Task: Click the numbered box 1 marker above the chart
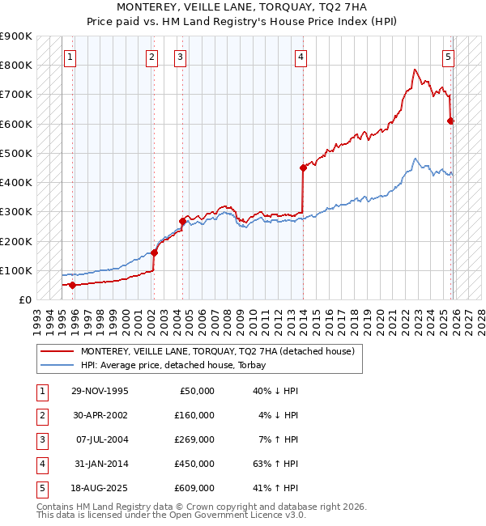[71, 57]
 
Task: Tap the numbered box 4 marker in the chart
[301, 57]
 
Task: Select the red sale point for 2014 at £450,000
[303, 168]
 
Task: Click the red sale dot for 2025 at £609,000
[451, 121]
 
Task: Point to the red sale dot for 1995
[73, 285]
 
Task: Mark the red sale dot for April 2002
[154, 252]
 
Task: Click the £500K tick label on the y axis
[16, 153]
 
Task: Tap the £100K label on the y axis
[16, 270]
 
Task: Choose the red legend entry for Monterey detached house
[217, 351]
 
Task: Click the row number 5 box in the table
[40, 488]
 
